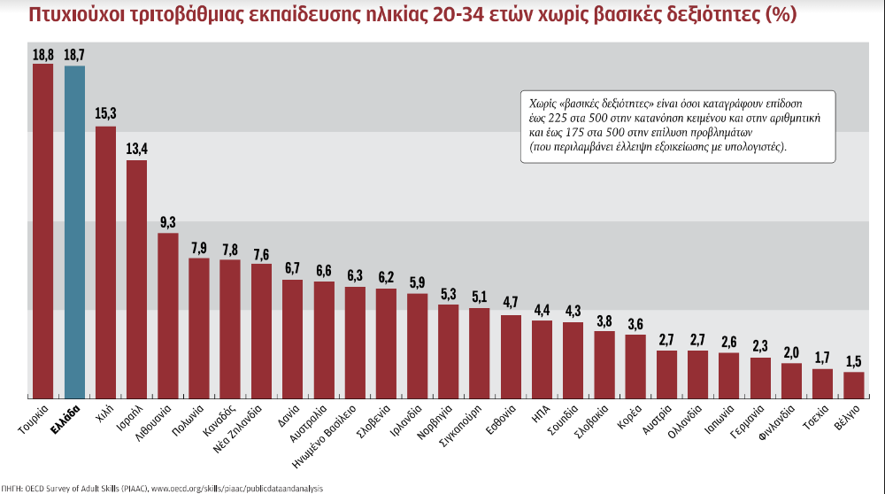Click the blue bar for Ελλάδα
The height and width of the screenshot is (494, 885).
[x=74, y=230]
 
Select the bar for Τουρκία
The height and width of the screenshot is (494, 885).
[x=43, y=229]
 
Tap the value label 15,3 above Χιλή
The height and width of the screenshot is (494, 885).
[x=105, y=114]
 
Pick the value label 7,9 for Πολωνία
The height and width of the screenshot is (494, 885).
[x=199, y=247]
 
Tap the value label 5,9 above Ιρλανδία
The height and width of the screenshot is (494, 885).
[x=417, y=282]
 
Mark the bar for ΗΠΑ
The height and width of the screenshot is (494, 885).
[x=542, y=359]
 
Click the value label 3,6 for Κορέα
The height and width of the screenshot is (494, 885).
[x=635, y=323]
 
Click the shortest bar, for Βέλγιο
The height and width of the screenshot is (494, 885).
[x=853, y=384]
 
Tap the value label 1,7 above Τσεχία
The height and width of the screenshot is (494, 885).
[x=822, y=358]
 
